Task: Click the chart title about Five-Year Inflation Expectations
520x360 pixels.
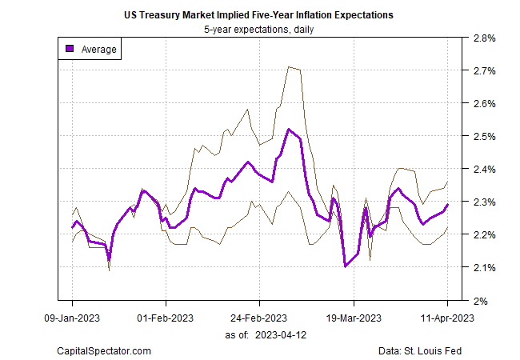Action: pos(259,15)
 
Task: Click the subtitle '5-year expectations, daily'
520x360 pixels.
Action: pos(259,30)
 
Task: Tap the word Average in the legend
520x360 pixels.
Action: pos(99,50)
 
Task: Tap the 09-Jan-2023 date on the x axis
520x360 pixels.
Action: pos(72,317)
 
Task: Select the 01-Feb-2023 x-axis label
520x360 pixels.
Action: pos(166,317)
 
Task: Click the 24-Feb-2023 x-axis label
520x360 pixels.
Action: pos(259,317)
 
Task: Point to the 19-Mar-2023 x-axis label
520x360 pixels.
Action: pos(353,317)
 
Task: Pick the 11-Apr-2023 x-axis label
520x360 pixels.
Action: pos(446,317)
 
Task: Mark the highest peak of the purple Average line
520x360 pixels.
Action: pos(289,130)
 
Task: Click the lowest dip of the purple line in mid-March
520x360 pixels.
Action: pos(345,266)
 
